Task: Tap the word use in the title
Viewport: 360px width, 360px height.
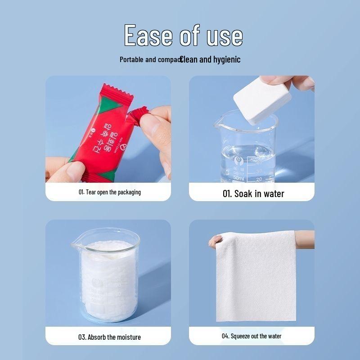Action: tap(221, 36)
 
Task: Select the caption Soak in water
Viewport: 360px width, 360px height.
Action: tap(253, 193)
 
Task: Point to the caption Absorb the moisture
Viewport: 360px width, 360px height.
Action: tap(109, 337)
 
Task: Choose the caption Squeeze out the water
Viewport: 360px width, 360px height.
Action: tap(252, 336)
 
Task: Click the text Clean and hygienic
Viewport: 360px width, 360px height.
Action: tap(211, 59)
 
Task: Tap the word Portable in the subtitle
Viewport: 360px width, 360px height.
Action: tap(131, 59)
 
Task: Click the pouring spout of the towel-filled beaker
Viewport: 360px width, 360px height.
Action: tap(75, 245)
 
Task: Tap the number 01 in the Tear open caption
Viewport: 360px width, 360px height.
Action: tap(81, 192)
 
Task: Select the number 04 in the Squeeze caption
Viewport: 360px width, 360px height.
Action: tap(225, 336)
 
